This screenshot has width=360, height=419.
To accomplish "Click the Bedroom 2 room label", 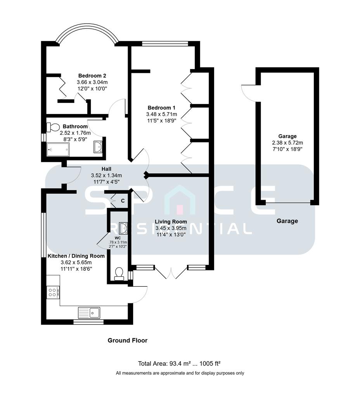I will click(92, 76).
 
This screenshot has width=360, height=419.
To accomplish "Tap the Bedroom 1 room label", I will click(161, 107).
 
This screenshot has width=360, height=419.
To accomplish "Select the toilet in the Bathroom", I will click(53, 127).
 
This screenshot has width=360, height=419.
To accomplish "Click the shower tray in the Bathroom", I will click(58, 149).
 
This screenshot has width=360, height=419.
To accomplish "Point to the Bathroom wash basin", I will click(98, 147).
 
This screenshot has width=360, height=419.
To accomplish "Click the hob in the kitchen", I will click(53, 292).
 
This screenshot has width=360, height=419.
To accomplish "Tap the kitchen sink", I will click(89, 312).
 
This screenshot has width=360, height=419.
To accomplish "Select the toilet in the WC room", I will click(119, 274).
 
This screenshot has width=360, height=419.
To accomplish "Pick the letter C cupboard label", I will click(123, 201).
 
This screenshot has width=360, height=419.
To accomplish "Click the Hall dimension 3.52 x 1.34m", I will click(106, 175).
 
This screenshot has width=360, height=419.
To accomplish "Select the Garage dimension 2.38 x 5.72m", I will click(287, 142).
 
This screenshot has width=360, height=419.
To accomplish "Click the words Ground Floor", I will click(127, 340).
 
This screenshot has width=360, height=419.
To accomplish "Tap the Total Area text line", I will click(179, 364).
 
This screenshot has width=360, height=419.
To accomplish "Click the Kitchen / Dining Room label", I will click(76, 256).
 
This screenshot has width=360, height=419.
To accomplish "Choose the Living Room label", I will click(171, 222).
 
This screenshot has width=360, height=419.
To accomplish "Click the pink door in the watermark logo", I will click(180, 209).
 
